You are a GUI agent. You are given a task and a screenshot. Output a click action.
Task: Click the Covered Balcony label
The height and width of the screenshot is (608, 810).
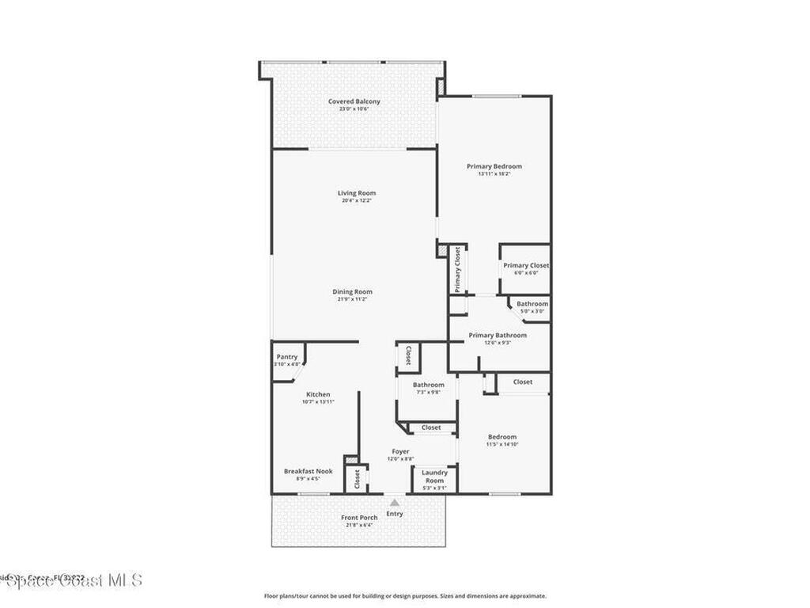[354, 101]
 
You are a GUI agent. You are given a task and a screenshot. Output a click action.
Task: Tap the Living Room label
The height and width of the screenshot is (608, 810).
[356, 193]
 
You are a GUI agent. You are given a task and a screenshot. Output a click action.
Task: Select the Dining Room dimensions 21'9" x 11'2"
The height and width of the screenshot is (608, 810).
[352, 300]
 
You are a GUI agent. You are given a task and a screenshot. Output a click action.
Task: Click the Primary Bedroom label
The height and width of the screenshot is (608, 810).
[494, 166]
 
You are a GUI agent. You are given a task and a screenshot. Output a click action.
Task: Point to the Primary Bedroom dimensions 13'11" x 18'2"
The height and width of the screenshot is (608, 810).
[494, 174]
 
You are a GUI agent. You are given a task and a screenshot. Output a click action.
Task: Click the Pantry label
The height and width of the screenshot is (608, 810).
[286, 357]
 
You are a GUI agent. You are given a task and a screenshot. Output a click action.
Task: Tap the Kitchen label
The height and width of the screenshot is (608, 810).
[318, 394]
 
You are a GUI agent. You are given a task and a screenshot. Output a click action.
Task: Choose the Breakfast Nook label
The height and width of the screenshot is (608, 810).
[308, 471]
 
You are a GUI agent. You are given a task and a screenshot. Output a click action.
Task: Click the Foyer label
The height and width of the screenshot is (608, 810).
[400, 451]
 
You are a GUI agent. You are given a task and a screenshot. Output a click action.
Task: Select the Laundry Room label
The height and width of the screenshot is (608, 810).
[434, 477]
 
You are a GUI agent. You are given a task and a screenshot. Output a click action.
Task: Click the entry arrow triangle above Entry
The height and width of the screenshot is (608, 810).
[394, 501]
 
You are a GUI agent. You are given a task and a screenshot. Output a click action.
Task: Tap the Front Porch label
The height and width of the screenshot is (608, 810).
[358, 518]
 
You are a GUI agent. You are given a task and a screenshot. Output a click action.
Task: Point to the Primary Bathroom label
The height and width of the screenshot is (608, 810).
[497, 335]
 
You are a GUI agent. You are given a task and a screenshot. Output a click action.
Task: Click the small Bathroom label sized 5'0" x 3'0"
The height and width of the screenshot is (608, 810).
[532, 304]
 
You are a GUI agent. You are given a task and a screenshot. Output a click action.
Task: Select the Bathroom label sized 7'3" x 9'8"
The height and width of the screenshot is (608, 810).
[428, 385]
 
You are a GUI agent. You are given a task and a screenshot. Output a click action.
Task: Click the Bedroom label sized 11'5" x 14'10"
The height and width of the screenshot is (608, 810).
[502, 437]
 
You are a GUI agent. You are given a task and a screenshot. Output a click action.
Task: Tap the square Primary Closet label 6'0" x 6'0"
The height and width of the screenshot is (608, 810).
[526, 265]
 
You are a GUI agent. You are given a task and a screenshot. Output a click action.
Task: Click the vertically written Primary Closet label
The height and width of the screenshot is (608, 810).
[457, 269]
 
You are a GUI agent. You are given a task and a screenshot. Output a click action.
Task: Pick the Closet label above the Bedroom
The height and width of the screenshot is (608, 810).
[522, 382]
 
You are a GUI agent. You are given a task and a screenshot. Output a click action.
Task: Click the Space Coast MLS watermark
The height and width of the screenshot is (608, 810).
[71, 580]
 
